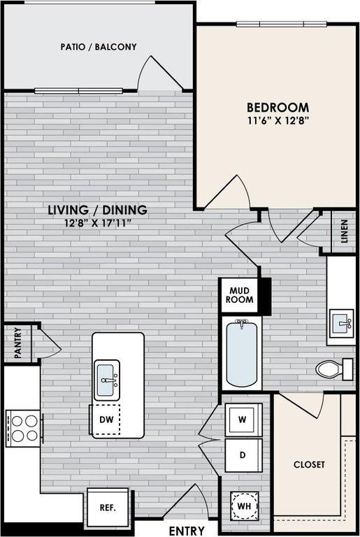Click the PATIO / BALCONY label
click(99, 47)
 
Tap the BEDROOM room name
click(278, 108)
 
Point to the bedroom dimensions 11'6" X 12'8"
click(278, 120)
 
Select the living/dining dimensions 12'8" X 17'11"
click(98, 223)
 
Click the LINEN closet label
click(344, 231)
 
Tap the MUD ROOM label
click(240, 295)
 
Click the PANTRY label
click(17, 343)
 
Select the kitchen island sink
click(107, 380)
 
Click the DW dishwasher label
click(106, 420)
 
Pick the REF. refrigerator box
click(108, 507)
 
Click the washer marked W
click(243, 420)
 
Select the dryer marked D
click(243, 454)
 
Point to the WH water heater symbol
click(244, 506)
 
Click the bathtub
click(241, 353)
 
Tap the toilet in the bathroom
click(334, 369)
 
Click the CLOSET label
click(309, 464)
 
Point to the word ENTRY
click(187, 531)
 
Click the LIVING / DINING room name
click(98, 210)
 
